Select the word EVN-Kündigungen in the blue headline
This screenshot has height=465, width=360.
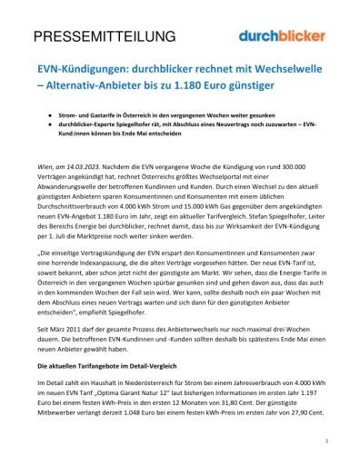78,69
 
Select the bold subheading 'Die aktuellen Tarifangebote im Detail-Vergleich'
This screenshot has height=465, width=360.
115,364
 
